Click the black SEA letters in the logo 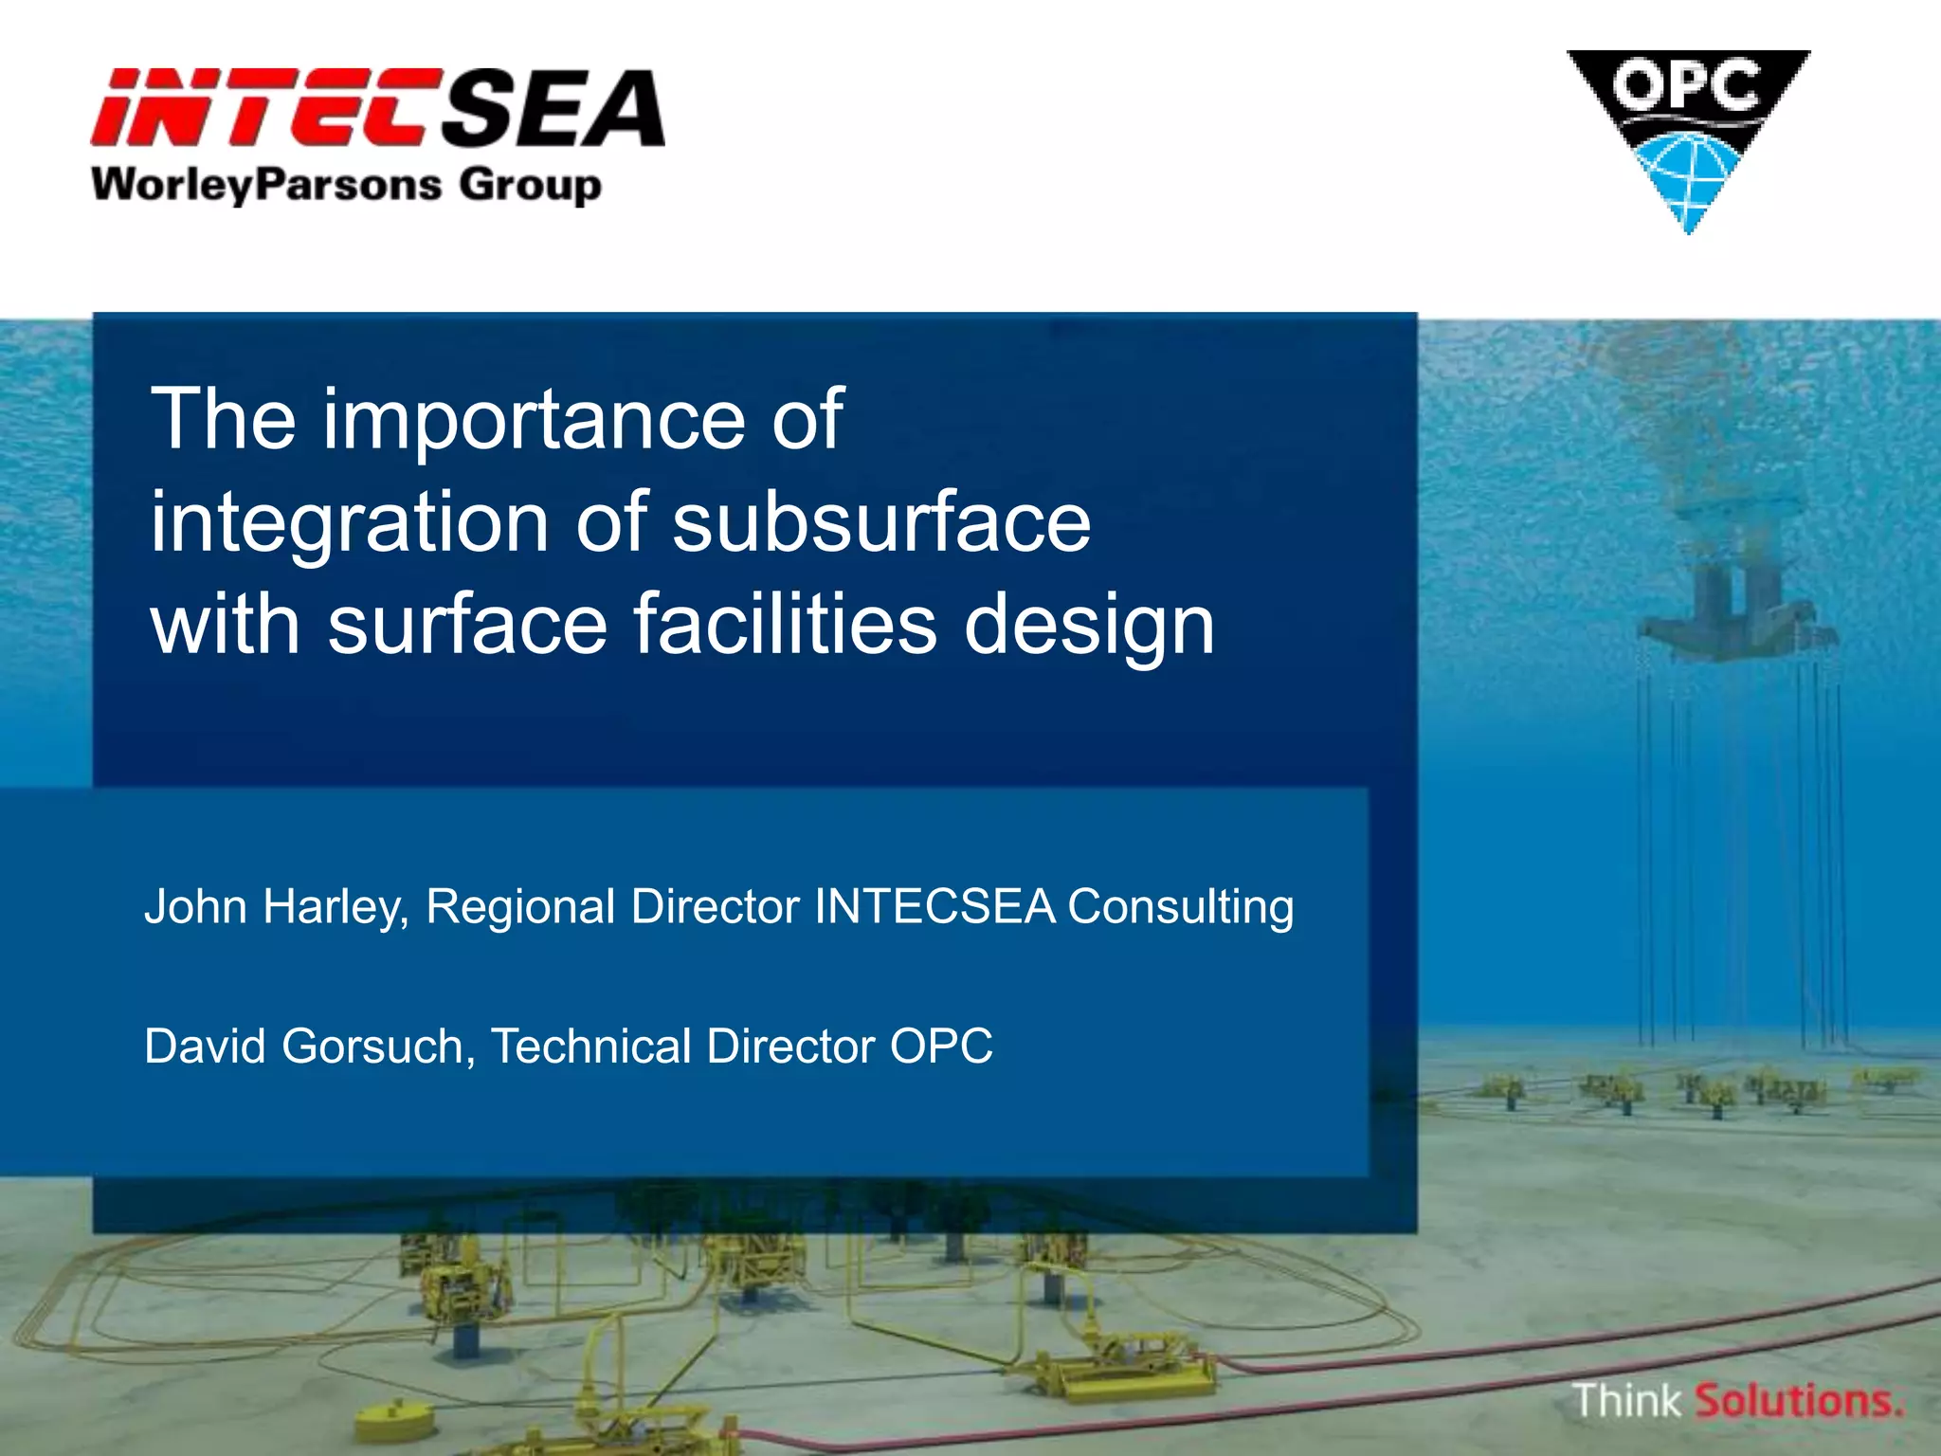[554, 109]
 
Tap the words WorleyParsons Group [346, 185]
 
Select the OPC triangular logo [1688, 133]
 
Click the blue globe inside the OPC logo [1688, 171]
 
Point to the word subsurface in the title [881, 523]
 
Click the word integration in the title [350, 525]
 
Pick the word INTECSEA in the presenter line [934, 907]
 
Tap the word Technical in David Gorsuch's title [591, 1047]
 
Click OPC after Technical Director [941, 1047]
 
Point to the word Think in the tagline [1626, 1401]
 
